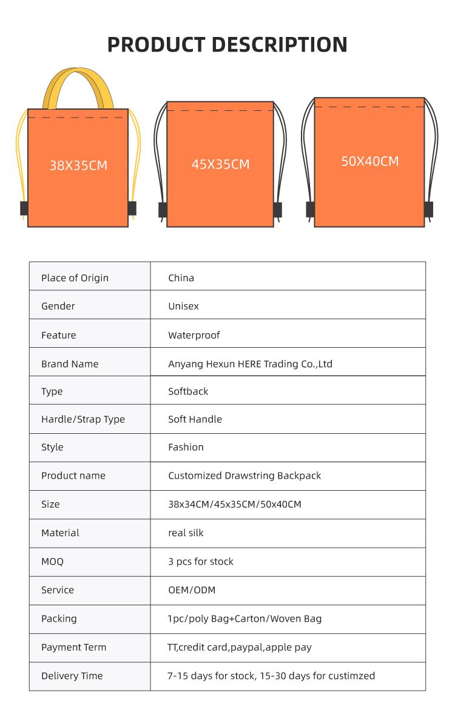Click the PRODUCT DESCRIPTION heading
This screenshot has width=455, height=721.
pos(227,45)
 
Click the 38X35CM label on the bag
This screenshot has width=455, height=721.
pos(78,165)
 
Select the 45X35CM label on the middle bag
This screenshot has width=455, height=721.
pos(220,164)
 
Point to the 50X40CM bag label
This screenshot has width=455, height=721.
pos(370,161)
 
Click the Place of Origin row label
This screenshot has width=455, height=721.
pos(75,278)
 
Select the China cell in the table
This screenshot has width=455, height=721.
pos(181,278)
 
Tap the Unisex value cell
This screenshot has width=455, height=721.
pos(183,306)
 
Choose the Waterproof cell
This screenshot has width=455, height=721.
pos(194,335)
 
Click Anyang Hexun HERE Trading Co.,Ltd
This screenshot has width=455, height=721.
pos(250,364)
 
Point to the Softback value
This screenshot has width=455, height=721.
pos(188,391)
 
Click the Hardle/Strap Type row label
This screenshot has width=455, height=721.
pos(83,419)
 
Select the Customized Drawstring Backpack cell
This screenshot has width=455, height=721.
pos(244,476)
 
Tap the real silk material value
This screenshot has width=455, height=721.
pos(186,533)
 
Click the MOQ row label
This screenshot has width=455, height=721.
pos(52,562)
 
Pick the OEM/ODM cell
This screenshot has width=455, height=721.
pos(192,590)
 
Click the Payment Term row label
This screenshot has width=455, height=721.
pos(73,647)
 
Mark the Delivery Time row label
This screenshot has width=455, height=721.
pos(72,676)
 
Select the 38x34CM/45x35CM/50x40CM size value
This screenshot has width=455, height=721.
pos(234,504)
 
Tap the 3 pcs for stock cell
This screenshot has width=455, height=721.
pos(200,562)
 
